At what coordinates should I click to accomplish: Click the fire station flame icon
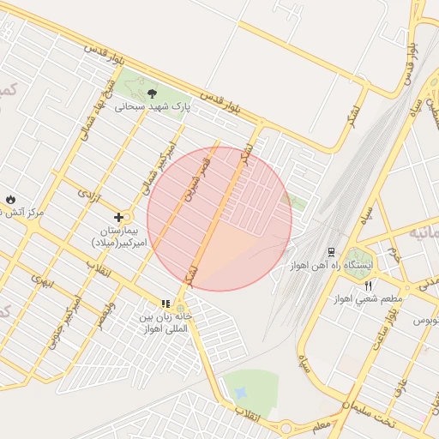coord(9,198)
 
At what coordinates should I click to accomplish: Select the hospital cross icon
coord(118,218)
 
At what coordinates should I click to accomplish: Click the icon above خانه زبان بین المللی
coord(165,304)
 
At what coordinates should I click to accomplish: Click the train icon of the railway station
coord(330,252)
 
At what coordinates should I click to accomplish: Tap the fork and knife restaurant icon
coord(369,285)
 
